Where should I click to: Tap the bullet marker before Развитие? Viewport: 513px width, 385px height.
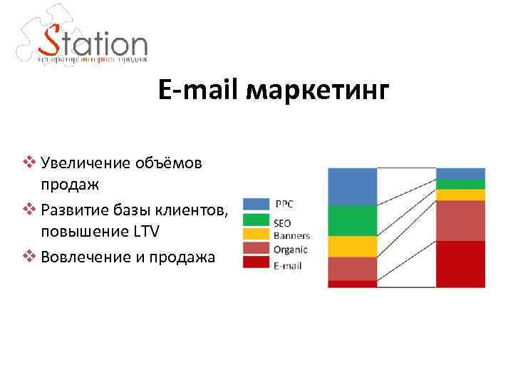pyautogui.click(x=28, y=210)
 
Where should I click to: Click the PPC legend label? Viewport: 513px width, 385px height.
pyautogui.click(x=284, y=204)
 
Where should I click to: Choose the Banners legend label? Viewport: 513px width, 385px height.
pyautogui.click(x=291, y=236)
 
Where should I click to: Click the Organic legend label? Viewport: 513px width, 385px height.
pyautogui.click(x=291, y=249)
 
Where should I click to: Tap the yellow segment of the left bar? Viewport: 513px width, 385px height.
pyautogui.click(x=352, y=247)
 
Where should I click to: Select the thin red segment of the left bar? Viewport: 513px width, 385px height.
pyautogui.click(x=352, y=284)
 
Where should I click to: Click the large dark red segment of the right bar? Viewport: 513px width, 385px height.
pyautogui.click(x=460, y=264)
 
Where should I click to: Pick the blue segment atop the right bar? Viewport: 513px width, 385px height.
pyautogui.click(x=460, y=173)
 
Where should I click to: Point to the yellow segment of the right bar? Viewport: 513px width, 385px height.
pyautogui.click(x=460, y=195)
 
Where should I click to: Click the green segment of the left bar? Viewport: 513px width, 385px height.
pyautogui.click(x=352, y=221)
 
